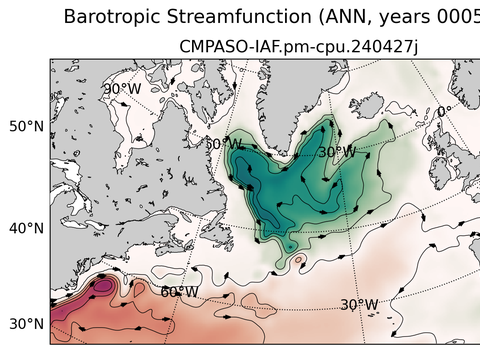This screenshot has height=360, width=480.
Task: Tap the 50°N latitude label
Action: [25, 127]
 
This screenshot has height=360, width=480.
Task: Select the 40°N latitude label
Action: [25, 228]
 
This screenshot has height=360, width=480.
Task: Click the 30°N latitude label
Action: [25, 324]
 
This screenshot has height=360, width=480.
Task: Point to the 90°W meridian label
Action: [122, 89]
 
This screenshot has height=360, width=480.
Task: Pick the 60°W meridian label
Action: [179, 292]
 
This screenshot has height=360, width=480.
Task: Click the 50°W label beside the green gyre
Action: [224, 144]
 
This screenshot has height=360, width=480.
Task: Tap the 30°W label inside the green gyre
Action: [336, 152]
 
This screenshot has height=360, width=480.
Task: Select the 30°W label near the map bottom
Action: [359, 304]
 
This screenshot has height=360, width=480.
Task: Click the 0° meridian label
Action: [444, 112]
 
